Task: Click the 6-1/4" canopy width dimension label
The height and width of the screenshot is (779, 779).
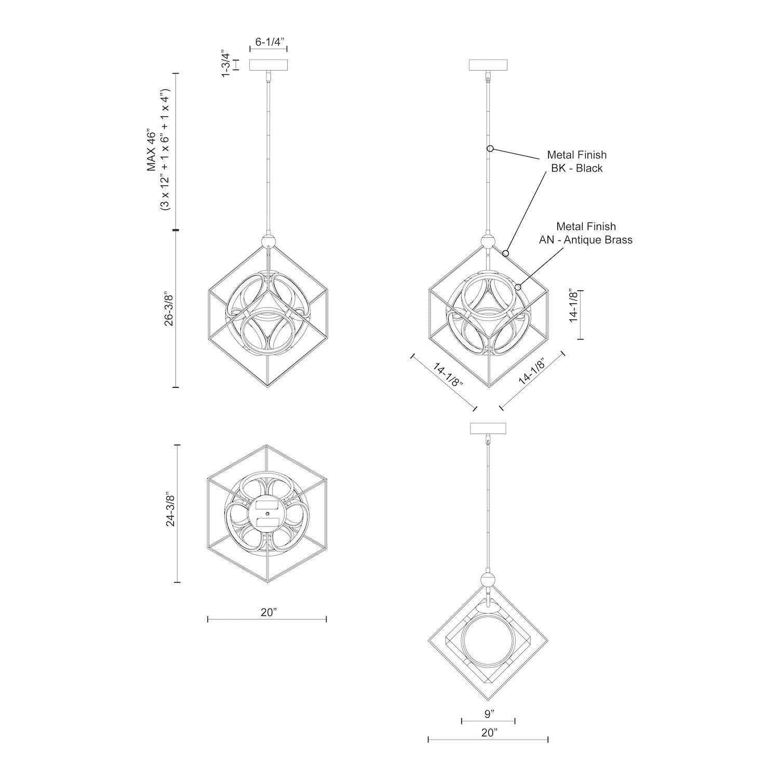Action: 268,42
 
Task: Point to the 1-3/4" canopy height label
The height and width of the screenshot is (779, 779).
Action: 225,64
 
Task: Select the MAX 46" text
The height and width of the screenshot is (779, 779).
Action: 151,151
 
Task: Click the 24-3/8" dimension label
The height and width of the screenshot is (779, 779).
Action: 169,513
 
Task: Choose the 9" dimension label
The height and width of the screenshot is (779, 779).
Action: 488,714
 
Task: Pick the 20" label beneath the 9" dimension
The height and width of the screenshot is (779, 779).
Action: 488,733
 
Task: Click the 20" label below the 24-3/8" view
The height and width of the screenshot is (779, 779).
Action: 267,612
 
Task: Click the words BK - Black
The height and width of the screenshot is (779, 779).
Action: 576,168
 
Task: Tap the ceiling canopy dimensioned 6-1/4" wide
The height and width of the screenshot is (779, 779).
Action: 269,65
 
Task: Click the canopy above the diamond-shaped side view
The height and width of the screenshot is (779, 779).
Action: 488,428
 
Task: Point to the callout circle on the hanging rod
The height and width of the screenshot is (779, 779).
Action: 490,149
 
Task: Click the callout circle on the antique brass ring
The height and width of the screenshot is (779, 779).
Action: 518,287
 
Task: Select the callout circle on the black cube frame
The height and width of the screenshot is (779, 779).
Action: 505,253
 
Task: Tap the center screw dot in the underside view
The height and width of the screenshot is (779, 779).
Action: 267,513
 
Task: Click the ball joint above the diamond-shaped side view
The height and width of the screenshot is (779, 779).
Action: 488,580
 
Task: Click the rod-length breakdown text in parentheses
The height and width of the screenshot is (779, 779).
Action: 165,151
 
